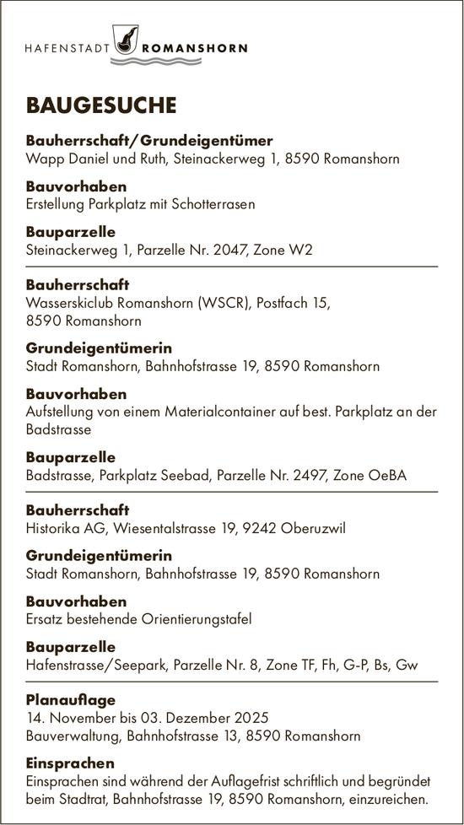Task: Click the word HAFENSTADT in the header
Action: (67, 49)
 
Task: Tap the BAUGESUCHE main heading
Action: (101, 105)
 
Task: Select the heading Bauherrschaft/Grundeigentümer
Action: (149, 140)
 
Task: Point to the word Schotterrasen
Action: (215, 203)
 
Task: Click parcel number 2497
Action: (301, 476)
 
